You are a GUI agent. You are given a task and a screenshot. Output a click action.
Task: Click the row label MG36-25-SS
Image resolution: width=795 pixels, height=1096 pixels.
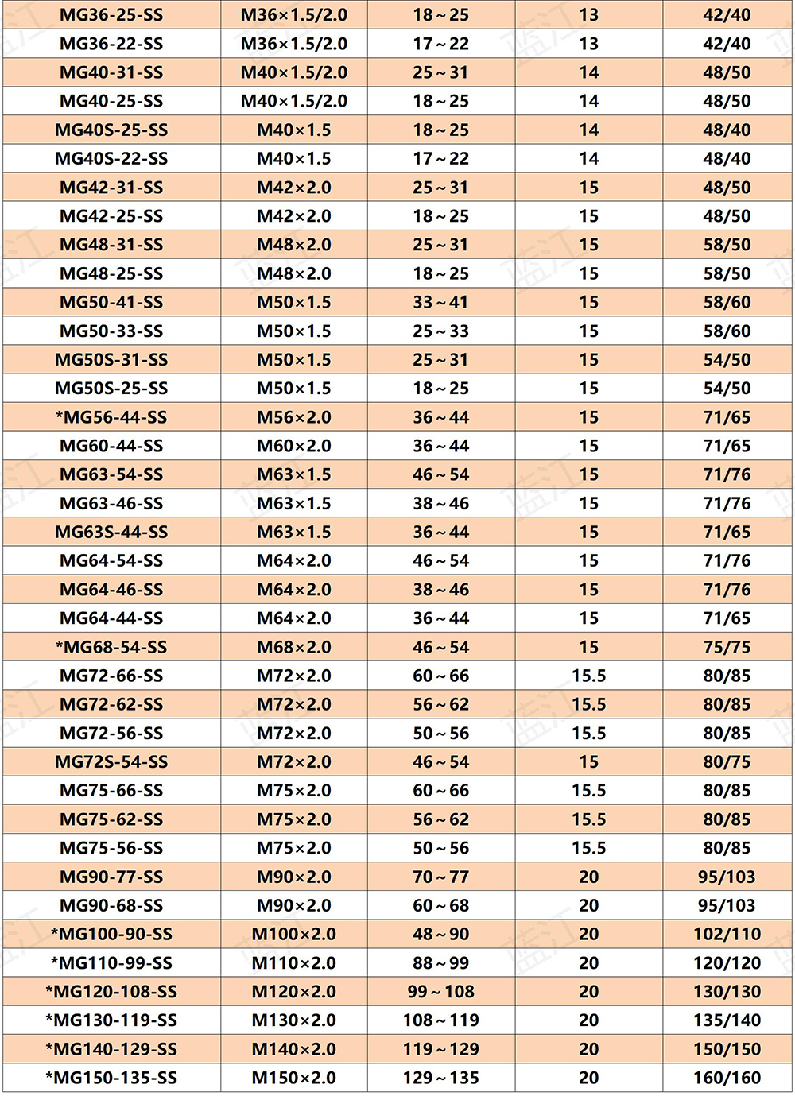pyautogui.click(x=111, y=15)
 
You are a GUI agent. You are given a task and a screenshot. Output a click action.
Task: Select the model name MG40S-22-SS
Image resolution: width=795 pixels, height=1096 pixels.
pyautogui.click(x=111, y=159)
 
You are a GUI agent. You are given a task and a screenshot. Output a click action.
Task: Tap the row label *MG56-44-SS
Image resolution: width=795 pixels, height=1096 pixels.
pyautogui.click(x=111, y=417)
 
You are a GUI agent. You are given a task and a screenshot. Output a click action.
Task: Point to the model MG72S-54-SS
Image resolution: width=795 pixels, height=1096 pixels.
pyautogui.click(x=111, y=762)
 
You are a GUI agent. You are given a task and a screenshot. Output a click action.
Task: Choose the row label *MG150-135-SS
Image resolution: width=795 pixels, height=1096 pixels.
pyautogui.click(x=111, y=1078)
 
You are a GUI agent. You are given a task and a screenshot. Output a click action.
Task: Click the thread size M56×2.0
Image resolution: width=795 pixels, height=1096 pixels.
pyautogui.click(x=294, y=417)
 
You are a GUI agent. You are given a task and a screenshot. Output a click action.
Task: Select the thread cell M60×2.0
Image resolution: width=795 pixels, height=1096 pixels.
pyautogui.click(x=294, y=446)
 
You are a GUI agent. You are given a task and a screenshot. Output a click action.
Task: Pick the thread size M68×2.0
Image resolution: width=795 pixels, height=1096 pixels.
pyautogui.click(x=294, y=647)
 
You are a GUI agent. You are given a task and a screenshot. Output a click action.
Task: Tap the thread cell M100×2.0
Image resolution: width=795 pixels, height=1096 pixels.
pyautogui.click(x=294, y=934)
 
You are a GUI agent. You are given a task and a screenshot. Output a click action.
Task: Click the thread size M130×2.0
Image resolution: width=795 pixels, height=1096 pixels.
pyautogui.click(x=294, y=1020)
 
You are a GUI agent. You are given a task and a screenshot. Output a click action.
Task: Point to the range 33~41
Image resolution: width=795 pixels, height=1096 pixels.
pyautogui.click(x=440, y=303)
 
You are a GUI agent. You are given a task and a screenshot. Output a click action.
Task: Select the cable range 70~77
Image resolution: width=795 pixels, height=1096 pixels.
pyautogui.click(x=440, y=877)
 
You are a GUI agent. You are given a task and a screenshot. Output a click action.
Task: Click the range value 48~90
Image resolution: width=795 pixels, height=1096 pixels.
pyautogui.click(x=440, y=934)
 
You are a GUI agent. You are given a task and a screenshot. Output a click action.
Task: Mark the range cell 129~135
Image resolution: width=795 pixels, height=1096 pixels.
pyautogui.click(x=440, y=1078)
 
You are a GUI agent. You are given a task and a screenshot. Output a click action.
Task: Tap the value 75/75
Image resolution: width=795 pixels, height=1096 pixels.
pyautogui.click(x=727, y=647)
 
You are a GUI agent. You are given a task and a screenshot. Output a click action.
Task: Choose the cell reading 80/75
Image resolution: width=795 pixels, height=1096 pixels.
pyautogui.click(x=727, y=762)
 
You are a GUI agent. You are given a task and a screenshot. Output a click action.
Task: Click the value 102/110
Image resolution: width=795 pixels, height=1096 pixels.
pyautogui.click(x=727, y=934)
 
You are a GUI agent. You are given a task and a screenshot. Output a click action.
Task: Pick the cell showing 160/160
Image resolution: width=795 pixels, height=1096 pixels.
pyautogui.click(x=727, y=1078)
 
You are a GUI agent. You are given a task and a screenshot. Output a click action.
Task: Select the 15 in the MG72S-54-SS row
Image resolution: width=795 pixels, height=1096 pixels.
pyautogui.click(x=588, y=762)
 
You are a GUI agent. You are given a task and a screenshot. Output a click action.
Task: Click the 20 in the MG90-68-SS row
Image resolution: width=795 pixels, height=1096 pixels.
pyautogui.click(x=588, y=905)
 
